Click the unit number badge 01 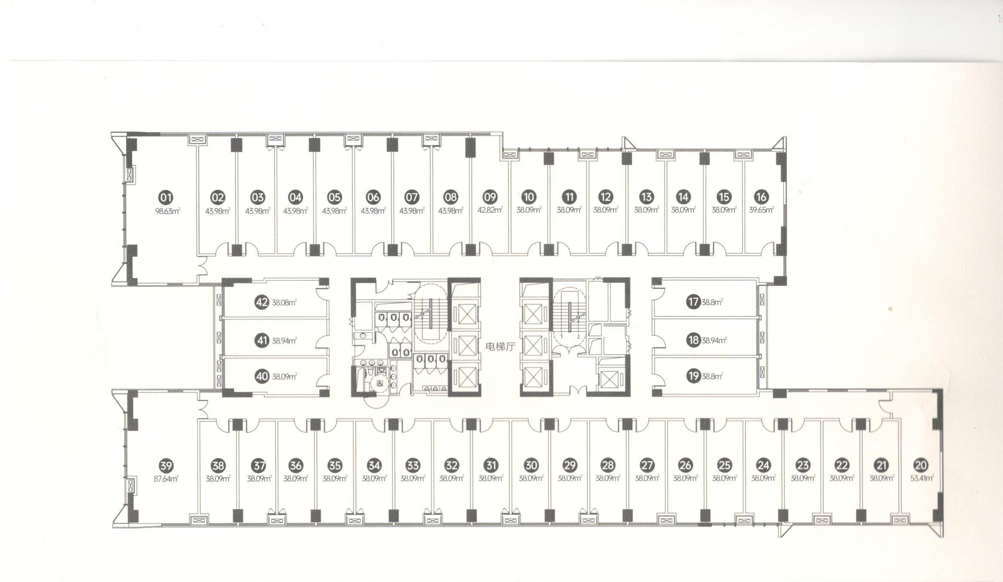166,198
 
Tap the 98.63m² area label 167,211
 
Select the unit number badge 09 490,197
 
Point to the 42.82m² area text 490,210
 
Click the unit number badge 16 761,197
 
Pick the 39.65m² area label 761,210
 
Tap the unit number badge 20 921,465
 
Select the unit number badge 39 166,466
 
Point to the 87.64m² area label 166,479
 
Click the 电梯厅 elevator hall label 500,346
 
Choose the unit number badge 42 262,302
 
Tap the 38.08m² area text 284,303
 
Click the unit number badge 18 693,340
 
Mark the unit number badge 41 262,341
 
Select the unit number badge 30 531,465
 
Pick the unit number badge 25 725,465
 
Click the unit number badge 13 646,197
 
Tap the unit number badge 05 334,197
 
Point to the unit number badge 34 374,465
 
